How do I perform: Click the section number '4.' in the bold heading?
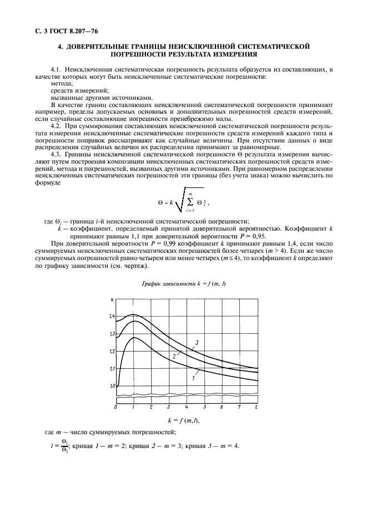[x=62, y=48]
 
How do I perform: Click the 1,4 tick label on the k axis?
[x=112, y=316]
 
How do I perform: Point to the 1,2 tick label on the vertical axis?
[x=112, y=351]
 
